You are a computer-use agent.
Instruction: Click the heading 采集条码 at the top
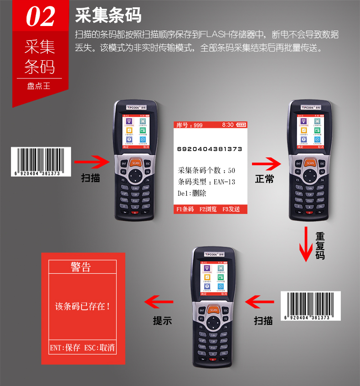(x=108, y=16)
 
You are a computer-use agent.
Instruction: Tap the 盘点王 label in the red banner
(x=39, y=85)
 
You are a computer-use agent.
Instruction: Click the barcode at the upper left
(x=41, y=162)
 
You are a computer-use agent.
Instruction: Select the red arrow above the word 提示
(x=159, y=301)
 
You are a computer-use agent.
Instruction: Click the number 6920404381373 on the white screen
(x=210, y=149)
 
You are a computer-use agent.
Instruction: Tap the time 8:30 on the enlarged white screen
(x=228, y=125)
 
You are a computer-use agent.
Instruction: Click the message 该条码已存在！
(x=82, y=306)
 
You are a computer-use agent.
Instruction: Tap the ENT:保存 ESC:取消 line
(x=82, y=348)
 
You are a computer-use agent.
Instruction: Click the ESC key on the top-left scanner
(x=147, y=163)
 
